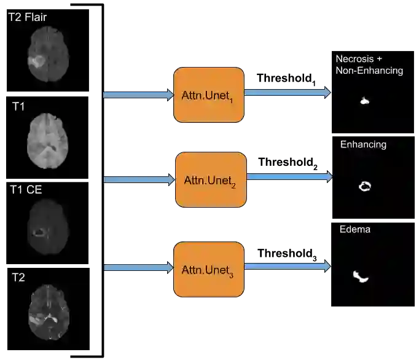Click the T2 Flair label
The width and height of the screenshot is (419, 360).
(27, 17)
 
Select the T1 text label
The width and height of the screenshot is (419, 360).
(18, 107)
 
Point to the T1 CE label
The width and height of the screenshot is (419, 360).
(26, 190)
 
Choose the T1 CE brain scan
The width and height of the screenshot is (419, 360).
(47, 228)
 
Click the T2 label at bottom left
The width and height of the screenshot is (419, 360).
(18, 278)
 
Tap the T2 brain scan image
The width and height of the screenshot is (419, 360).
(49, 313)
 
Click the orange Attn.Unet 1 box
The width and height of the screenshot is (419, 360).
(209, 95)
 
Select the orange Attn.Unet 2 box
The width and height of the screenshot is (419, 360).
(211, 180)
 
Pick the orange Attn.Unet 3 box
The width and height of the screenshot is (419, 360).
(209, 270)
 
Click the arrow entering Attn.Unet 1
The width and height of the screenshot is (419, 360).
(138, 94)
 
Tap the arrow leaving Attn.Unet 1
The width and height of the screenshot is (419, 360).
(288, 93)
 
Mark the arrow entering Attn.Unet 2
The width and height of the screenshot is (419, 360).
(139, 180)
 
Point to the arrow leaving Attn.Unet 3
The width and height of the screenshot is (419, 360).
(288, 266)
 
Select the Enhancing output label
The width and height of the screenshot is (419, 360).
(363, 144)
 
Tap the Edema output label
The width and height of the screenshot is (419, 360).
(354, 230)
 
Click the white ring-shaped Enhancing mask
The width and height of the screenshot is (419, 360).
(365, 186)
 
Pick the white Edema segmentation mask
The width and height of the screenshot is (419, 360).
(361, 277)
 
